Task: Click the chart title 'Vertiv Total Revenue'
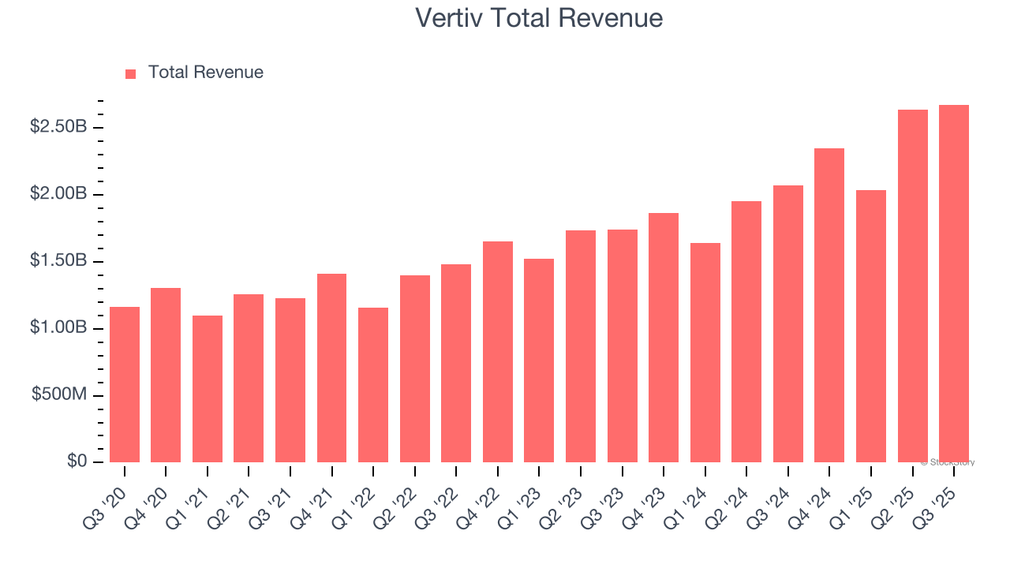539,17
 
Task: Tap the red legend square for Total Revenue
131,73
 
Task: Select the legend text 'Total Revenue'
205,73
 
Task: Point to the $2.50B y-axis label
58,126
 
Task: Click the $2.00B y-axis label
58,193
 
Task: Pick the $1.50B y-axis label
58,260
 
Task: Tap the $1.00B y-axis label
58,327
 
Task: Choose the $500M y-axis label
59,394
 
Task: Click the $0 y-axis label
77,461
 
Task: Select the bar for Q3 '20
125,384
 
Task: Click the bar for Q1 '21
208,389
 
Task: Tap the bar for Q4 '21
331,368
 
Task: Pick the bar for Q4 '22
498,352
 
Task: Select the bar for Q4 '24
829,305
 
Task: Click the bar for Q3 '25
954,283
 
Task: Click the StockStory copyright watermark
948,462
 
